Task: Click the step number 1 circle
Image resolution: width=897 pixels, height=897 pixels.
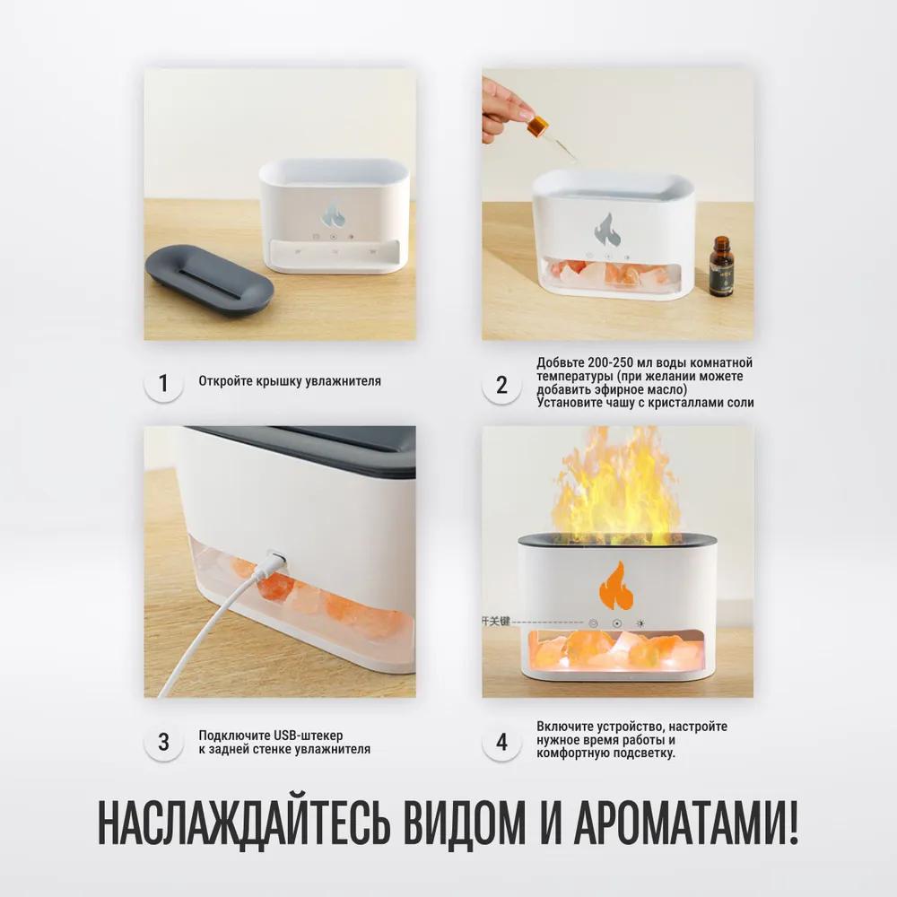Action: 162,384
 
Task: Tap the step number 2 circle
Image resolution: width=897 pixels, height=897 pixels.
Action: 501,385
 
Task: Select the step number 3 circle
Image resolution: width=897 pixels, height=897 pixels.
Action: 162,742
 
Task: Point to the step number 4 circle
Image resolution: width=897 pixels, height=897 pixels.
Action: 501,742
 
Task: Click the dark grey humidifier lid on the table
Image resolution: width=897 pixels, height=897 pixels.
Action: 209,279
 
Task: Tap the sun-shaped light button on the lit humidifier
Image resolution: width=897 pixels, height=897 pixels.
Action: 640,622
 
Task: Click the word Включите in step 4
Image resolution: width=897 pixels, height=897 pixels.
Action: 568,726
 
